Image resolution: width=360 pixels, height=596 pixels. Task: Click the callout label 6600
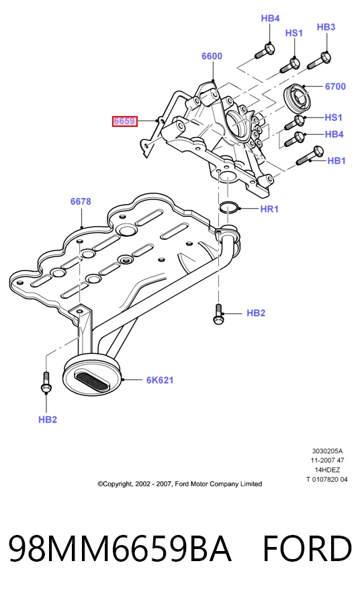[x=212, y=56]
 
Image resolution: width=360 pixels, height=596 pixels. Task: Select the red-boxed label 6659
[x=124, y=121]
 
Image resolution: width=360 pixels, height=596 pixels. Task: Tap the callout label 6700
[x=335, y=87]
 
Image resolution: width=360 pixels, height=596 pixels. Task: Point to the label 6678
[x=81, y=201]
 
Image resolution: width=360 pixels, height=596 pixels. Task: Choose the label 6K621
[x=160, y=380]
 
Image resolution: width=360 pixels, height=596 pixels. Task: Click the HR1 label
[x=269, y=209]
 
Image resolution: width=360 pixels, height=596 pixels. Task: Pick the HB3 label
[x=326, y=27]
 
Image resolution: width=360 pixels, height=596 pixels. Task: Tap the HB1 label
[x=336, y=161]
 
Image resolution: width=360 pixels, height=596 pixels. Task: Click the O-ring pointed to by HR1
[x=229, y=207]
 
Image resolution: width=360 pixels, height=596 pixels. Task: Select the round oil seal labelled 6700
[x=298, y=97]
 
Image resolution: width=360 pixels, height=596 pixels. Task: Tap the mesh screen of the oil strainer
[x=93, y=381]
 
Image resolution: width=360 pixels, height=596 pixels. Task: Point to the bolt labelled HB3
[x=318, y=61]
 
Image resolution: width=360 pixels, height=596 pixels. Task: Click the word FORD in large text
[x=307, y=548]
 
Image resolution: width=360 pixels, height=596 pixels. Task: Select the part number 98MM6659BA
[x=120, y=548]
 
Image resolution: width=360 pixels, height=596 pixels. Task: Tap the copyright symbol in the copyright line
[x=101, y=484]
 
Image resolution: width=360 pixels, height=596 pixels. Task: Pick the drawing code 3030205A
[x=327, y=451]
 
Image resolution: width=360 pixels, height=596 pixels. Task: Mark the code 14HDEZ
[x=327, y=470]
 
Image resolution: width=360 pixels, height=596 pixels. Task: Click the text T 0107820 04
[x=327, y=479]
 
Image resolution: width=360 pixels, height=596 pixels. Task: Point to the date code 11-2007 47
[x=327, y=460]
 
